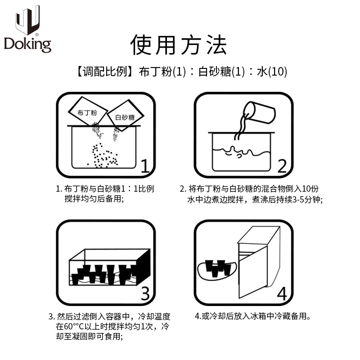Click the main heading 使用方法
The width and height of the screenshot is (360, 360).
179,45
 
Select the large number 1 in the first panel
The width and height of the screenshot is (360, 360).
144,166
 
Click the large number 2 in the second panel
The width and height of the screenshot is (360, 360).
282,166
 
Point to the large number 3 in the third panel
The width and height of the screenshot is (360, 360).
144,293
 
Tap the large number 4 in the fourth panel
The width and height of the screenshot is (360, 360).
282,293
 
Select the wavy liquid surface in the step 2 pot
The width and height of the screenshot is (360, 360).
241,151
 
